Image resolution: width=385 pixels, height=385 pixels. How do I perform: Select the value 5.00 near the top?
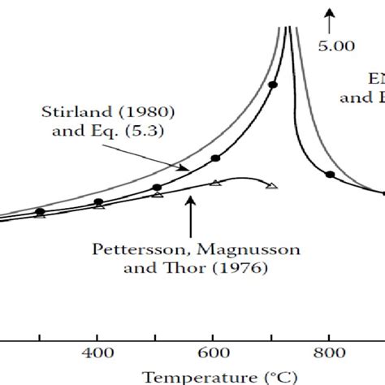coord(336,46)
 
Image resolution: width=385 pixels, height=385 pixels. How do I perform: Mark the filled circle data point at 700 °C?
coord(273,84)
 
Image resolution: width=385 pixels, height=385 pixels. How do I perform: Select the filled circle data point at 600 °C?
coord(214,158)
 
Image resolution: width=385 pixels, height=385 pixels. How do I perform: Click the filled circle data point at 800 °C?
coord(329,174)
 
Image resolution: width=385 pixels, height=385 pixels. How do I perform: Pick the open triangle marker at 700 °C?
coord(272,186)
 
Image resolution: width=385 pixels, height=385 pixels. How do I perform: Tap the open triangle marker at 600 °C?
coord(214,183)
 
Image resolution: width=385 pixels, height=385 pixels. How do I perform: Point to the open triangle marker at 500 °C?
coord(157,196)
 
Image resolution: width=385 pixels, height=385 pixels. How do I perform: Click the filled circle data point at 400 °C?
coord(98,201)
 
